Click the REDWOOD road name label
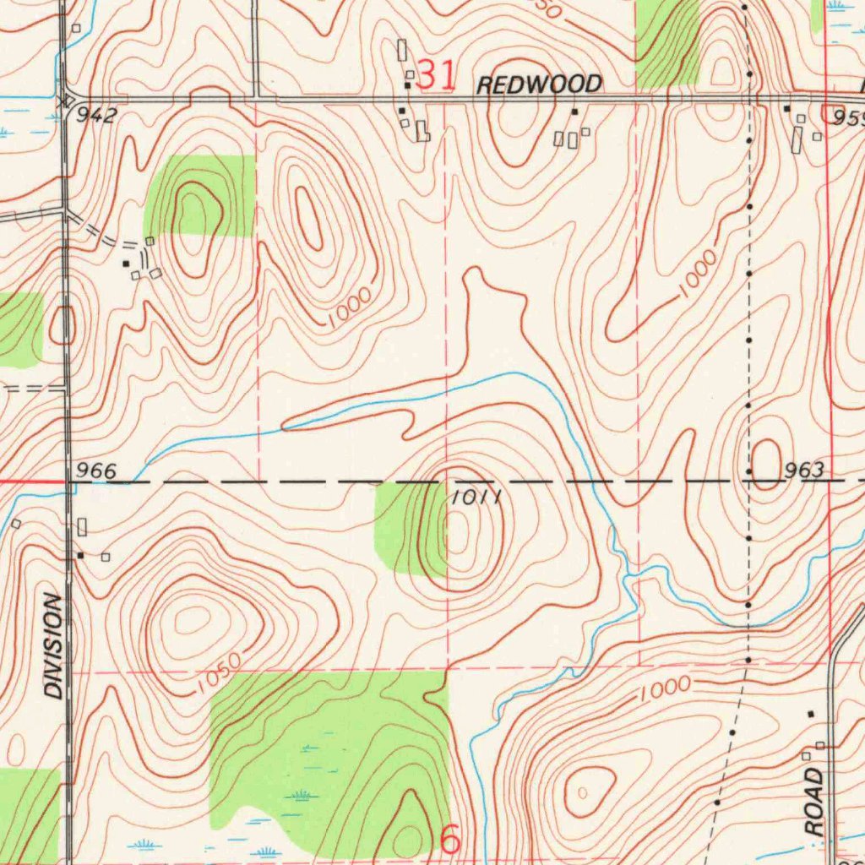[539, 84]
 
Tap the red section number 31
[437, 76]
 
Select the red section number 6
[451, 840]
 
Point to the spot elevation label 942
[95, 116]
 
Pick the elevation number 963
[802, 471]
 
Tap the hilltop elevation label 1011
[477, 497]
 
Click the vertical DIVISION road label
[54, 646]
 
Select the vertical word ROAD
[813, 802]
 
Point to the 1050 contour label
[211, 673]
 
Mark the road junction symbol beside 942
[66, 99]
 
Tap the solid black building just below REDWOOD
[574, 112]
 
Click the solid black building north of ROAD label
[810, 715]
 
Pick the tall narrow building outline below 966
[82, 526]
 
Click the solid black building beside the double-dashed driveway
[126, 264]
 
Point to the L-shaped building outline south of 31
[422, 132]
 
